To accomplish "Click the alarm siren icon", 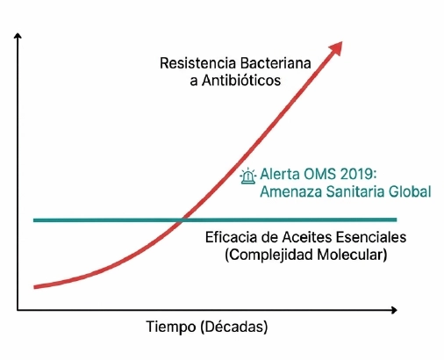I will tap(249, 176).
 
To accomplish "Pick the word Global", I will tap(408, 192).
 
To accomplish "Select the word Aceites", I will tap(304, 238).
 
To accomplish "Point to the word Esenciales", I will tap(370, 238).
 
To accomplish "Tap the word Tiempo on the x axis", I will tap(172, 328).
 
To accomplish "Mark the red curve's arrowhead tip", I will tap(342, 41).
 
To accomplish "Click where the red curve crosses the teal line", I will tap(182, 220).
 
